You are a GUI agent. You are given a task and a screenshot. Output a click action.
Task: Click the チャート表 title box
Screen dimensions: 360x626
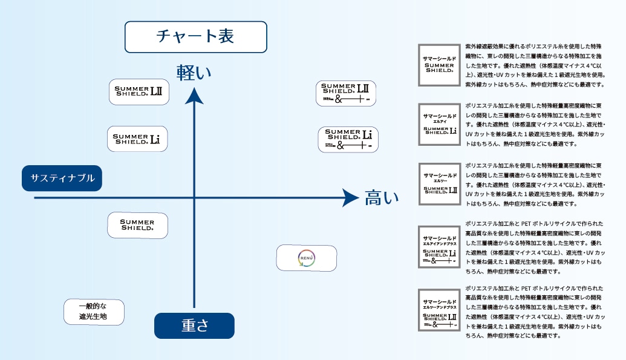click(x=195, y=36)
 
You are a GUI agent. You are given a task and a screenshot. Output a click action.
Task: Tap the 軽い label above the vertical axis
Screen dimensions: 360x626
click(x=194, y=72)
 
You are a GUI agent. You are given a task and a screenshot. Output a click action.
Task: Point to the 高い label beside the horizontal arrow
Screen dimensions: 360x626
click(x=382, y=198)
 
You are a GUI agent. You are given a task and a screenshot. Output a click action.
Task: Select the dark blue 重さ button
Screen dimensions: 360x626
click(x=194, y=326)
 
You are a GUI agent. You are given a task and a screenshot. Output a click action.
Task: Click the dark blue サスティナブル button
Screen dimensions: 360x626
click(x=62, y=178)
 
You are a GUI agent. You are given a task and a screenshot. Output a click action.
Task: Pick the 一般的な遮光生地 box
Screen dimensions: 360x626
click(x=94, y=312)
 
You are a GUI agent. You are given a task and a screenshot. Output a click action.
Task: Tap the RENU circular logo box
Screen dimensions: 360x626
click(x=307, y=258)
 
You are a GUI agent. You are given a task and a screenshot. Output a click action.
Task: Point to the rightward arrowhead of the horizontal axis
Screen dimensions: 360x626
click(x=350, y=198)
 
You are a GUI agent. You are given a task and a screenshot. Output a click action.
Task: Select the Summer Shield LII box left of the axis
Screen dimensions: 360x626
click(x=139, y=92)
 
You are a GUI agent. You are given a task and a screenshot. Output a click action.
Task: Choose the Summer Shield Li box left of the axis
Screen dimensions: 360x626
click(x=137, y=139)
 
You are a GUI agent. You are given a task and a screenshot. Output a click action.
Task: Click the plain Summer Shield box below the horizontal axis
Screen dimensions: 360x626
click(x=137, y=225)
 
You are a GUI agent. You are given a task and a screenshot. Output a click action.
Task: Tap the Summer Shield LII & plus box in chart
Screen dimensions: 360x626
click(x=346, y=94)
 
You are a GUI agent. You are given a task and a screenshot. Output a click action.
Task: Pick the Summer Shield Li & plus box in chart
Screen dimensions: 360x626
click(x=348, y=140)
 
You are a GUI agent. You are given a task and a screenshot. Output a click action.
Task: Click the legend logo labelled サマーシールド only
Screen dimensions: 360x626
click(x=439, y=65)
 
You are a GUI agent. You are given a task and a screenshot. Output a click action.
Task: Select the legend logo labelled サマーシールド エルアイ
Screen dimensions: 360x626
click(x=439, y=124)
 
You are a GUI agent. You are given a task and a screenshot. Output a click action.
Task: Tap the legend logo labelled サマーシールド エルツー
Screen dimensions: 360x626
click(x=439, y=184)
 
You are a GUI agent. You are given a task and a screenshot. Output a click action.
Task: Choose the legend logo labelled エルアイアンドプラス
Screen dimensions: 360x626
click(x=439, y=247)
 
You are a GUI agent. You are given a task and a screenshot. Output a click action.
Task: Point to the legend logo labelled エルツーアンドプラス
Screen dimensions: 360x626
click(x=439, y=309)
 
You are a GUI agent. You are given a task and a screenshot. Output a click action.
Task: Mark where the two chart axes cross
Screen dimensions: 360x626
click(x=194, y=198)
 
